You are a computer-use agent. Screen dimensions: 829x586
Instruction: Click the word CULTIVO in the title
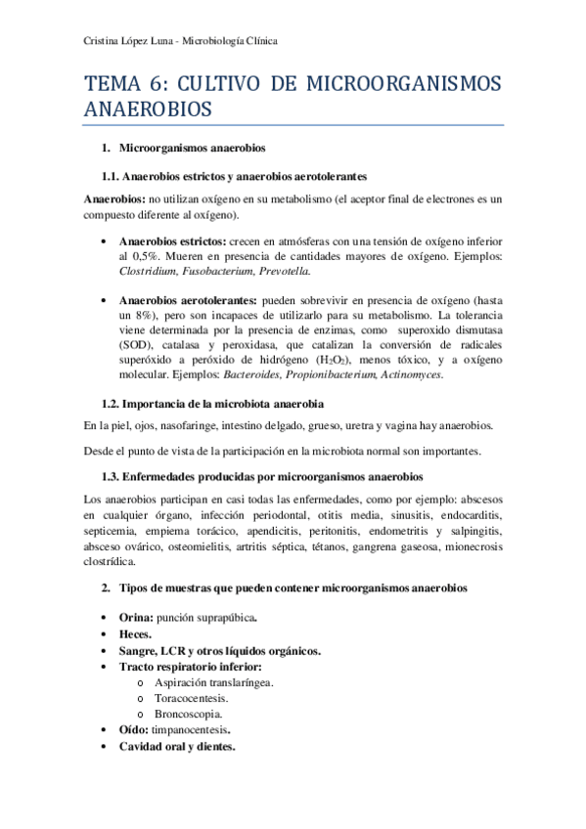click(226, 84)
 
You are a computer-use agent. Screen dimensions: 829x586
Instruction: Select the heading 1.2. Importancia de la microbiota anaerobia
click(220, 404)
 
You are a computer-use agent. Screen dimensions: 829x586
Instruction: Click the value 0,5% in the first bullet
click(151, 256)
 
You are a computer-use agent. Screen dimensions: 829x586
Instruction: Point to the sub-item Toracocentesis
click(191, 698)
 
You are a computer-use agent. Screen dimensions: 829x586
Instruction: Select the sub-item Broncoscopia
click(188, 714)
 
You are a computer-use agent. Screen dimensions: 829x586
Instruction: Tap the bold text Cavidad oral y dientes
click(177, 746)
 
